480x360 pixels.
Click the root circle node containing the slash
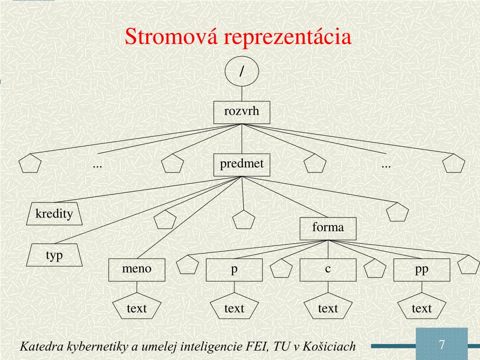coord(241,73)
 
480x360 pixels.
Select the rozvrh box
coord(241,112)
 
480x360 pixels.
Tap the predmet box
coord(242,165)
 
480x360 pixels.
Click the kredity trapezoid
coord(54,214)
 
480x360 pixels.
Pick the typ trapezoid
coord(54,256)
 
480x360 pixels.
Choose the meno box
coord(137,270)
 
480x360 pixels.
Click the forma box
coord(328,228)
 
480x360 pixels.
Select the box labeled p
coord(234,270)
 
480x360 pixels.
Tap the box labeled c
coord(328,270)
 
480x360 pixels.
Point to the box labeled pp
coord(421,270)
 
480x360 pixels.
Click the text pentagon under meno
coord(137,308)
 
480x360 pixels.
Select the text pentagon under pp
coord(421,308)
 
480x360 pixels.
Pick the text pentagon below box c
coord(328,308)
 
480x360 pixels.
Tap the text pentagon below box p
coord(234,308)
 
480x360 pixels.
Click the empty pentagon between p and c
coord(281,270)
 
